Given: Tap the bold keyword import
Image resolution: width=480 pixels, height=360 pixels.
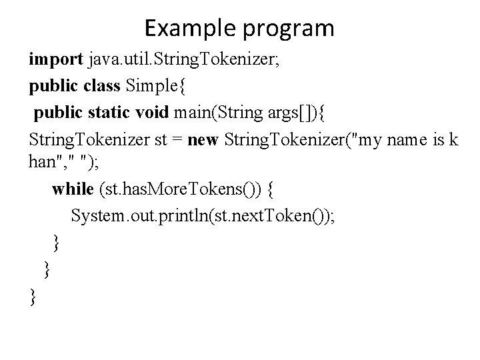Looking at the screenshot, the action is [x=55, y=60].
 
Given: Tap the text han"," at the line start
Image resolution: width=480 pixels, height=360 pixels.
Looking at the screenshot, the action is [x=53, y=164].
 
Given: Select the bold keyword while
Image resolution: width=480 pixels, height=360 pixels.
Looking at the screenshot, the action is [x=73, y=190].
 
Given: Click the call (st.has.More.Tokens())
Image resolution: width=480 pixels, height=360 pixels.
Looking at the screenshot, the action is [x=179, y=190].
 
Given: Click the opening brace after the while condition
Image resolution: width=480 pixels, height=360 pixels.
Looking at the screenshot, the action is [x=269, y=190].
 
